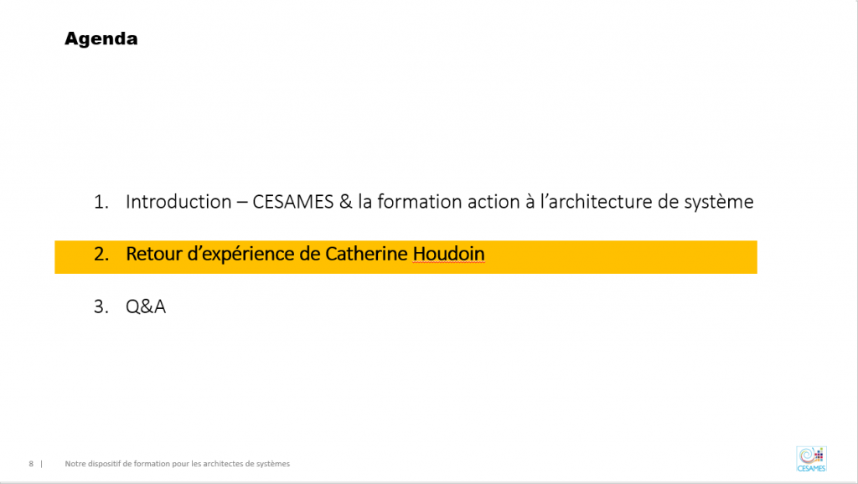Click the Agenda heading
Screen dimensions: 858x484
click(x=101, y=39)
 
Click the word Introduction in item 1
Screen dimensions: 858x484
click(x=178, y=202)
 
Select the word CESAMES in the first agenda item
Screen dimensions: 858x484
click(x=292, y=202)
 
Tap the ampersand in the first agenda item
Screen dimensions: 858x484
click(x=346, y=202)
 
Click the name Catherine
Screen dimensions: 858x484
click(x=366, y=254)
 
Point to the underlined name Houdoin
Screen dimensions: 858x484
click(x=449, y=254)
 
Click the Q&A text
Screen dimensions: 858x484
click(x=146, y=306)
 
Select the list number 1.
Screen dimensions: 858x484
click(x=101, y=202)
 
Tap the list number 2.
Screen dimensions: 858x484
click(x=101, y=254)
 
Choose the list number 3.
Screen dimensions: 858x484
click(x=101, y=306)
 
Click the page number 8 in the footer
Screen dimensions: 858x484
click(x=31, y=464)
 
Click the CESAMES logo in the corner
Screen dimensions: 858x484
click(x=811, y=459)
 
